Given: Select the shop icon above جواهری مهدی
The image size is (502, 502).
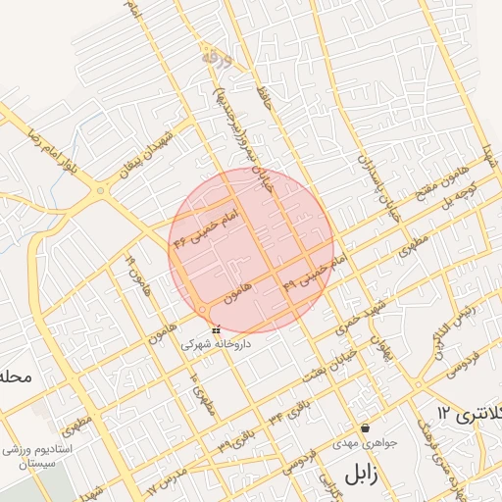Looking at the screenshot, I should [x=366, y=427].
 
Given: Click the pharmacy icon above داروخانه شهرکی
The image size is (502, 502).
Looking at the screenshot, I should [x=216, y=330].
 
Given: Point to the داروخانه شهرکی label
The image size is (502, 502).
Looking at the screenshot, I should [x=216, y=344].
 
